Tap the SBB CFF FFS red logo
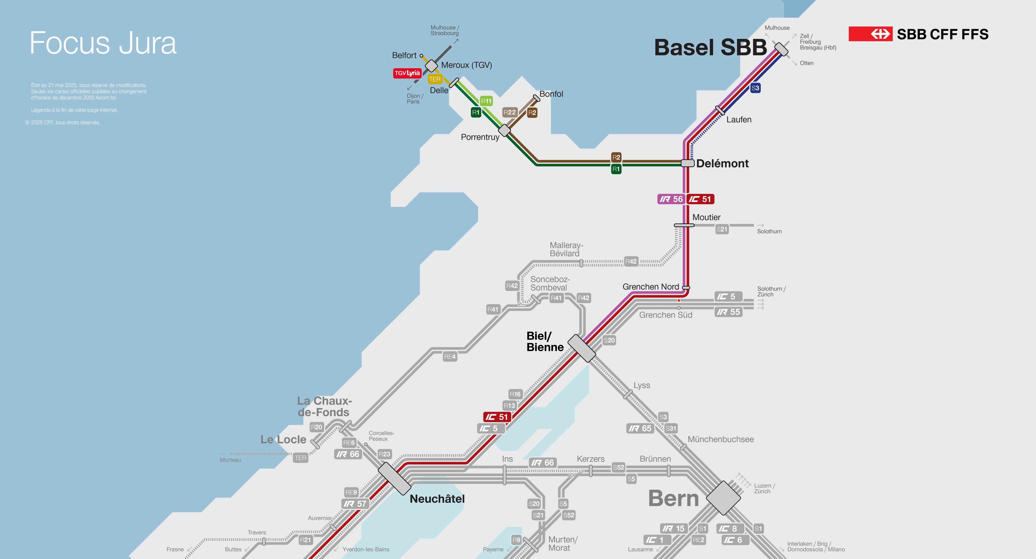(870, 34)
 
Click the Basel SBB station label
(710, 48)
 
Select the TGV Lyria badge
(407, 73)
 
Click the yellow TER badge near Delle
(435, 79)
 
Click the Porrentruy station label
(480, 137)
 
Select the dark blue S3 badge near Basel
(755, 88)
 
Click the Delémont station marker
(687, 163)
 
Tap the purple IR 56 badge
(671, 199)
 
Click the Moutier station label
(706, 217)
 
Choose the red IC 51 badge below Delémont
(700, 199)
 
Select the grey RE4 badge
(450, 357)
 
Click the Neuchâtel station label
(437, 499)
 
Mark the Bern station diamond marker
(723, 498)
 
